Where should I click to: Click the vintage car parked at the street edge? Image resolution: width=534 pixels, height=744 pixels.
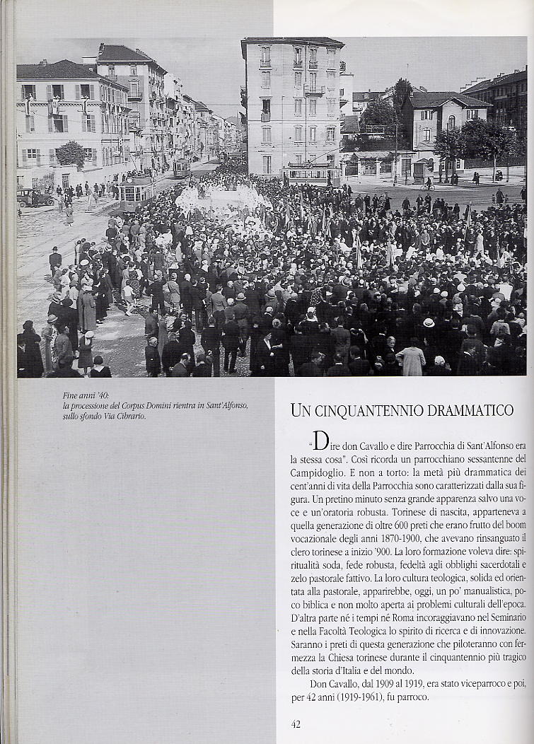click(35, 197)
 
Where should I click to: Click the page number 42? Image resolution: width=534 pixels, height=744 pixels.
click(296, 723)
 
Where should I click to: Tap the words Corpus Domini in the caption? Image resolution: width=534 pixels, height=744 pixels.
click(163, 407)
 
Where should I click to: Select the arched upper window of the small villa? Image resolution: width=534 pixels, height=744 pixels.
click(451, 122)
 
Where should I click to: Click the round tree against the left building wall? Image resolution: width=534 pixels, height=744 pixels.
click(70, 153)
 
